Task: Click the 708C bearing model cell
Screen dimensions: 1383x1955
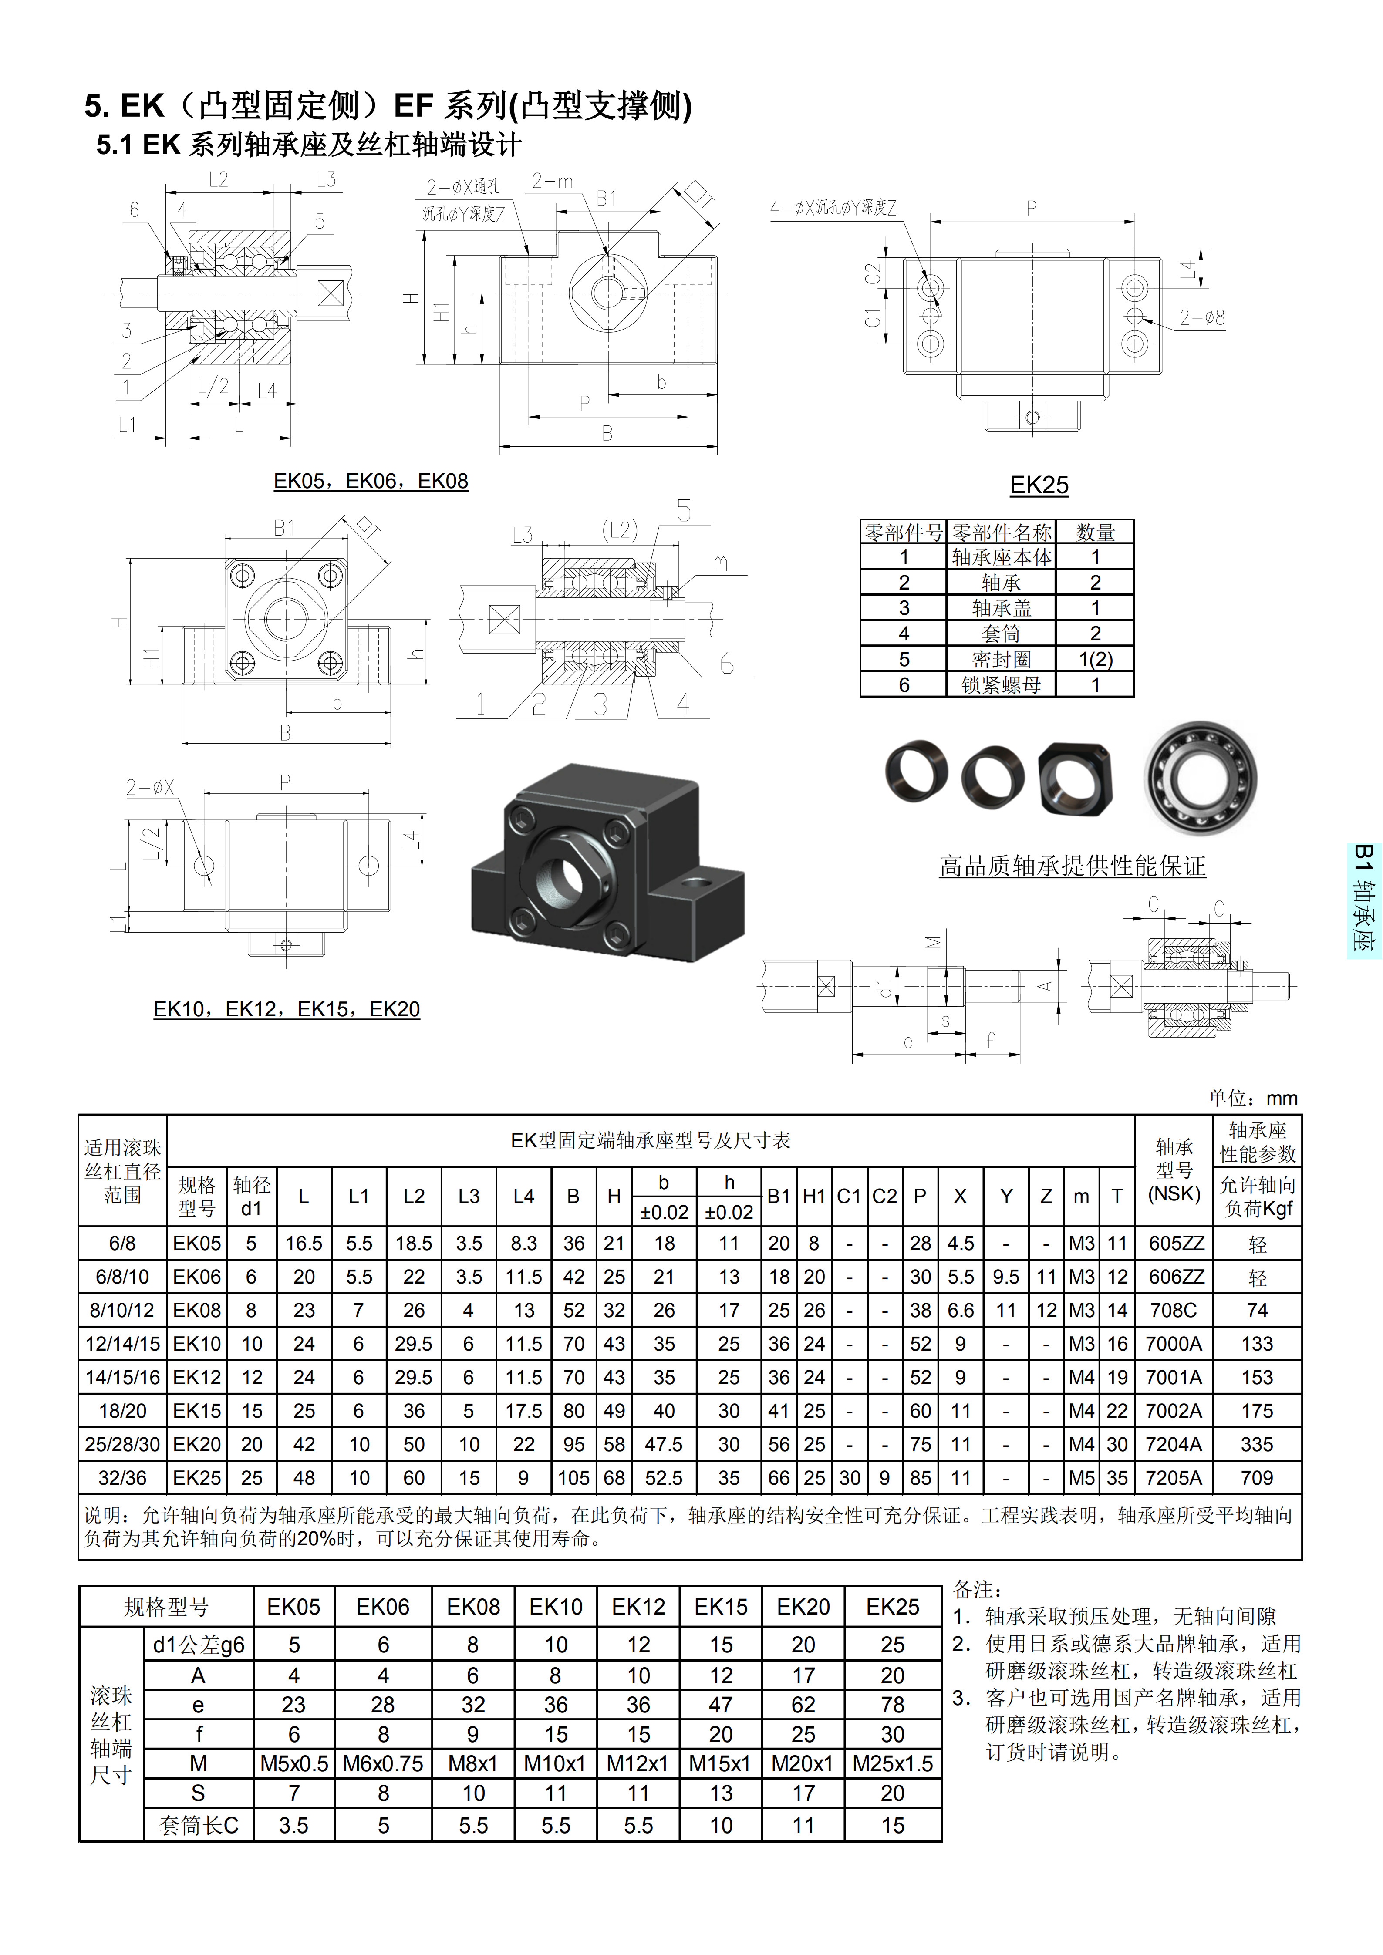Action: [1174, 1311]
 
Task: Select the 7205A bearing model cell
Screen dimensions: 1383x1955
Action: [1174, 1478]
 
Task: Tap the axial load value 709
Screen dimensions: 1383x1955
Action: [1257, 1478]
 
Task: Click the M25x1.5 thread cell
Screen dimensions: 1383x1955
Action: [893, 1763]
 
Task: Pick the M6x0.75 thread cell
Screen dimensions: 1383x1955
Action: [383, 1763]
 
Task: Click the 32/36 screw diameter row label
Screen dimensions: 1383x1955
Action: [123, 1478]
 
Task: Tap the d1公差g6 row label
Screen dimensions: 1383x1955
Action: [199, 1645]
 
